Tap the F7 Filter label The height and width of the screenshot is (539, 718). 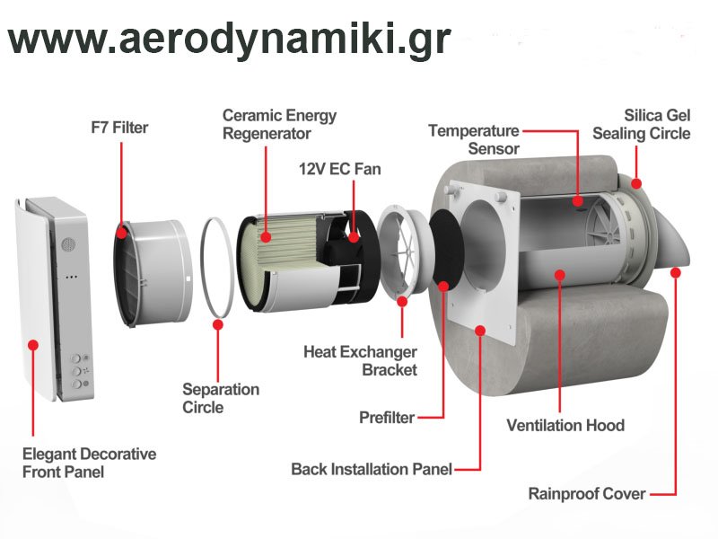click(x=119, y=128)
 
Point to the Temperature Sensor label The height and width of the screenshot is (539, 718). click(x=474, y=139)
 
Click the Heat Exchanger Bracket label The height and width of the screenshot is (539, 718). click(x=360, y=360)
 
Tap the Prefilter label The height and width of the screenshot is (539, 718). click(x=386, y=418)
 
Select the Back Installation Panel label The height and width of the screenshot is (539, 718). click(x=372, y=469)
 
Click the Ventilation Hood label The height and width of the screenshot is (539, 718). click(x=565, y=425)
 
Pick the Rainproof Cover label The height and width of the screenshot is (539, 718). click(x=587, y=493)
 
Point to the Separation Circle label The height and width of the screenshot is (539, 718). click(x=221, y=398)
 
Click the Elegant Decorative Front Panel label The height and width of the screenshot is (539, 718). click(x=89, y=463)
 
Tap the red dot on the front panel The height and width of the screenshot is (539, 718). click(x=32, y=344)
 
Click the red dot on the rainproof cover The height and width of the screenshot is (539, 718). click(x=675, y=270)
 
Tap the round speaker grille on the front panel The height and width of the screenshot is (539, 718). click(x=66, y=243)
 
